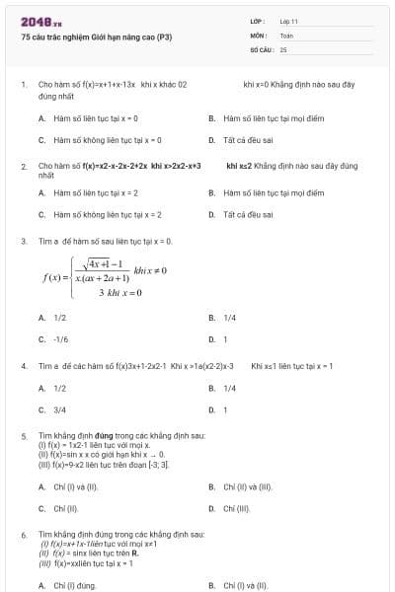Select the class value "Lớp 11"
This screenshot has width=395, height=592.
pyautogui.click(x=288, y=21)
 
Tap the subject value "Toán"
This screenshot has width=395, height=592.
pyautogui.click(x=286, y=35)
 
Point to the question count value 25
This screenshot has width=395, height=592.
pyautogui.click(x=283, y=48)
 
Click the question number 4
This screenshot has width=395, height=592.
pyautogui.click(x=23, y=366)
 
